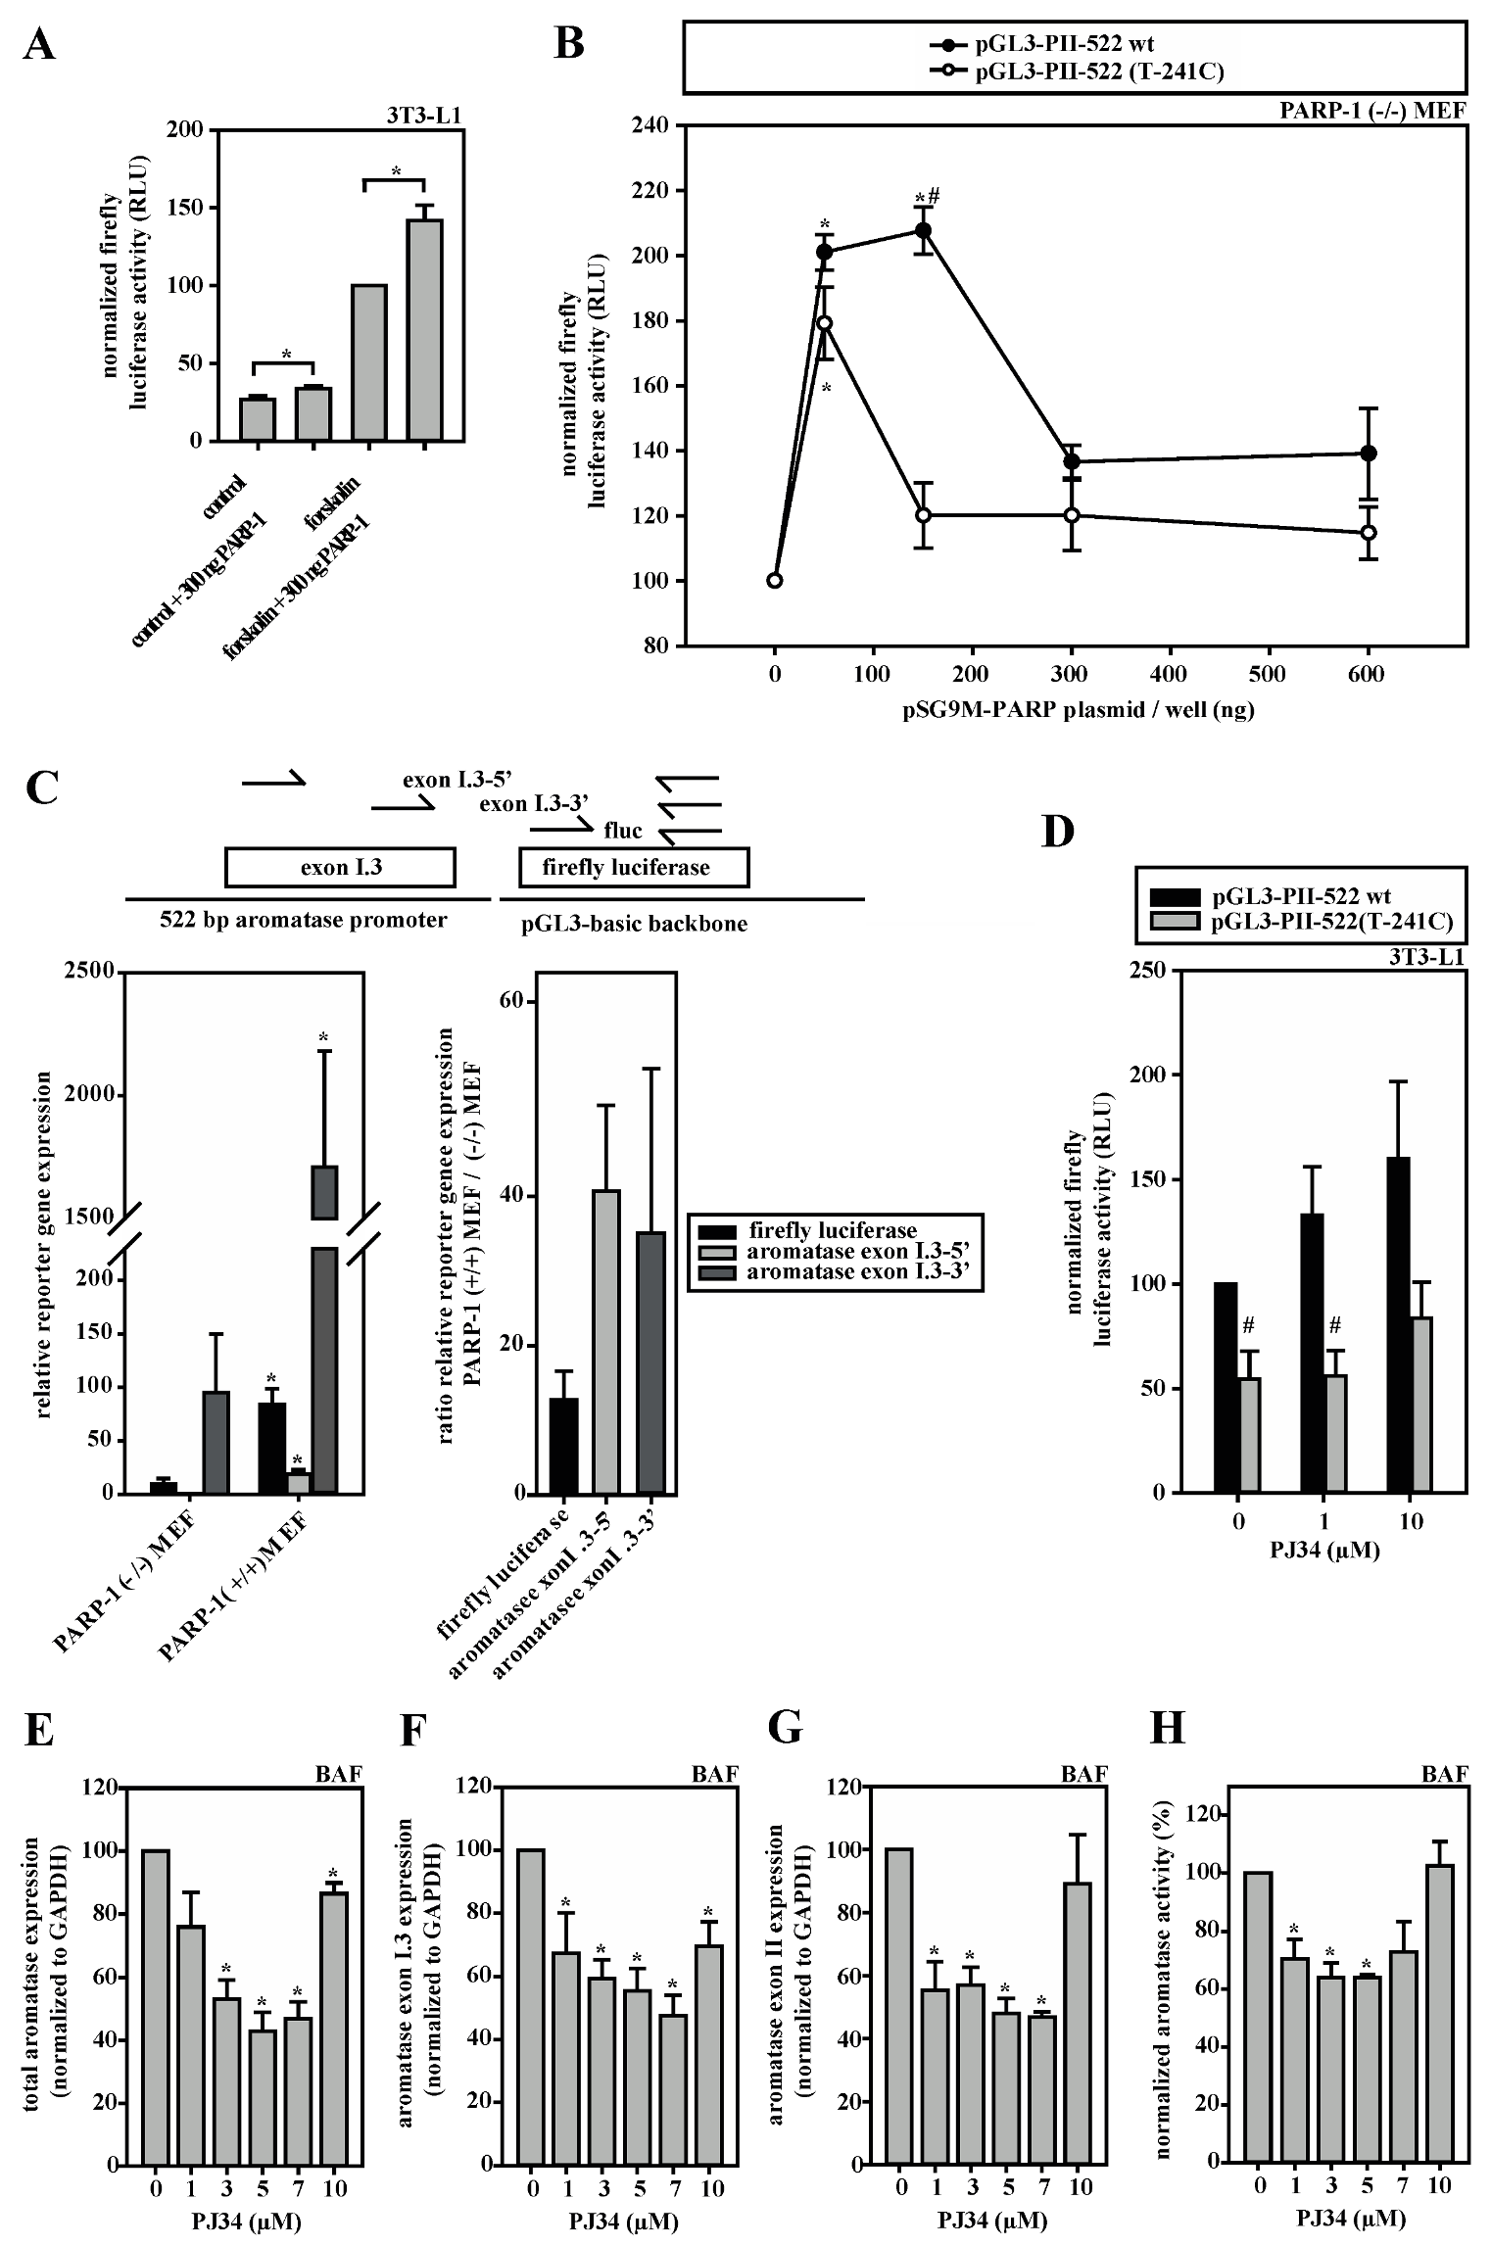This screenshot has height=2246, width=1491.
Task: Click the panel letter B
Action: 569,43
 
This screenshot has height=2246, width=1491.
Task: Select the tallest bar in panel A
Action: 425,330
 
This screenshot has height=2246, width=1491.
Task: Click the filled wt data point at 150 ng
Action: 923,230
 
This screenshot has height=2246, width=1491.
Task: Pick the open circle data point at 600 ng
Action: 1369,533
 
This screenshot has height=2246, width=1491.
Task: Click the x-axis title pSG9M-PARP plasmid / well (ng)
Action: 1078,710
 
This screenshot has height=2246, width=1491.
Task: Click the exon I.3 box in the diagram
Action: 340,868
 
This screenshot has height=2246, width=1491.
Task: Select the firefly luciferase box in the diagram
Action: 634,868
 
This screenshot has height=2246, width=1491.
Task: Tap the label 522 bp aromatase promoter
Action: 304,920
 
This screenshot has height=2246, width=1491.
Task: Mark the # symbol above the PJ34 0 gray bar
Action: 1248,1326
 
